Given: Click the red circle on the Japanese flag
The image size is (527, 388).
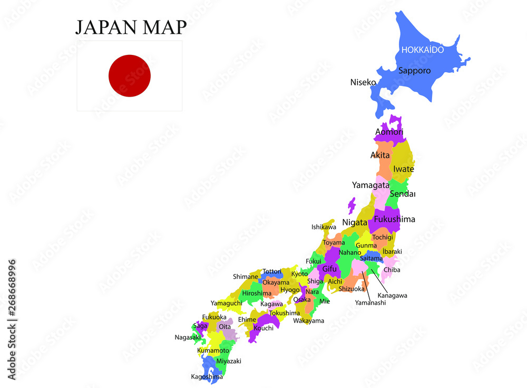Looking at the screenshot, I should click(x=130, y=76).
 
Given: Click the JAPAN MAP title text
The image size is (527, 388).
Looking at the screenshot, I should click(x=131, y=27).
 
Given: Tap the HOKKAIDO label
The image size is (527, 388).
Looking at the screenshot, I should click(x=423, y=50).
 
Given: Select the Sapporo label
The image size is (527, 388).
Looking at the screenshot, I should click(x=414, y=70).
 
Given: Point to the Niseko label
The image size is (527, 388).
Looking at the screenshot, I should click(x=363, y=82).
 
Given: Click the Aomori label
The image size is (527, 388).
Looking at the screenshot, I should click(x=389, y=131).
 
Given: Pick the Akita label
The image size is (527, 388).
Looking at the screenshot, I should click(x=380, y=155).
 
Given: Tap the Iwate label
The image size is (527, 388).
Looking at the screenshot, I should click(x=404, y=169).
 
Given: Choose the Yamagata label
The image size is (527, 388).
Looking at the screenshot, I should click(x=370, y=185).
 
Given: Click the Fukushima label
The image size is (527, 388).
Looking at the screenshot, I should click(x=394, y=219).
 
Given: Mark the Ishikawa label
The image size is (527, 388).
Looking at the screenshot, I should click(x=324, y=227).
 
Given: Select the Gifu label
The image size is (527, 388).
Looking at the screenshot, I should click(x=329, y=269).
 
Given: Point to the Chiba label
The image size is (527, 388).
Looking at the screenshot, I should click(x=392, y=270).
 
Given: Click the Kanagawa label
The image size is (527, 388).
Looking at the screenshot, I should click(x=392, y=296).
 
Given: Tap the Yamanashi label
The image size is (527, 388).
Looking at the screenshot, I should click(x=370, y=302).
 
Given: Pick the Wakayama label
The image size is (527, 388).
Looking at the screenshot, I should click(x=308, y=320).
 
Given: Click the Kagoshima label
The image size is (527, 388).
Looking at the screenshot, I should click(x=207, y=377).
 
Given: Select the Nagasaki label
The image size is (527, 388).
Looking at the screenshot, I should click(x=188, y=337).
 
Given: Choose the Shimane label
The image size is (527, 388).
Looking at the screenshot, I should click(x=246, y=277).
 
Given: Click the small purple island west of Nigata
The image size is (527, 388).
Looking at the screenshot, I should click(x=352, y=205).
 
